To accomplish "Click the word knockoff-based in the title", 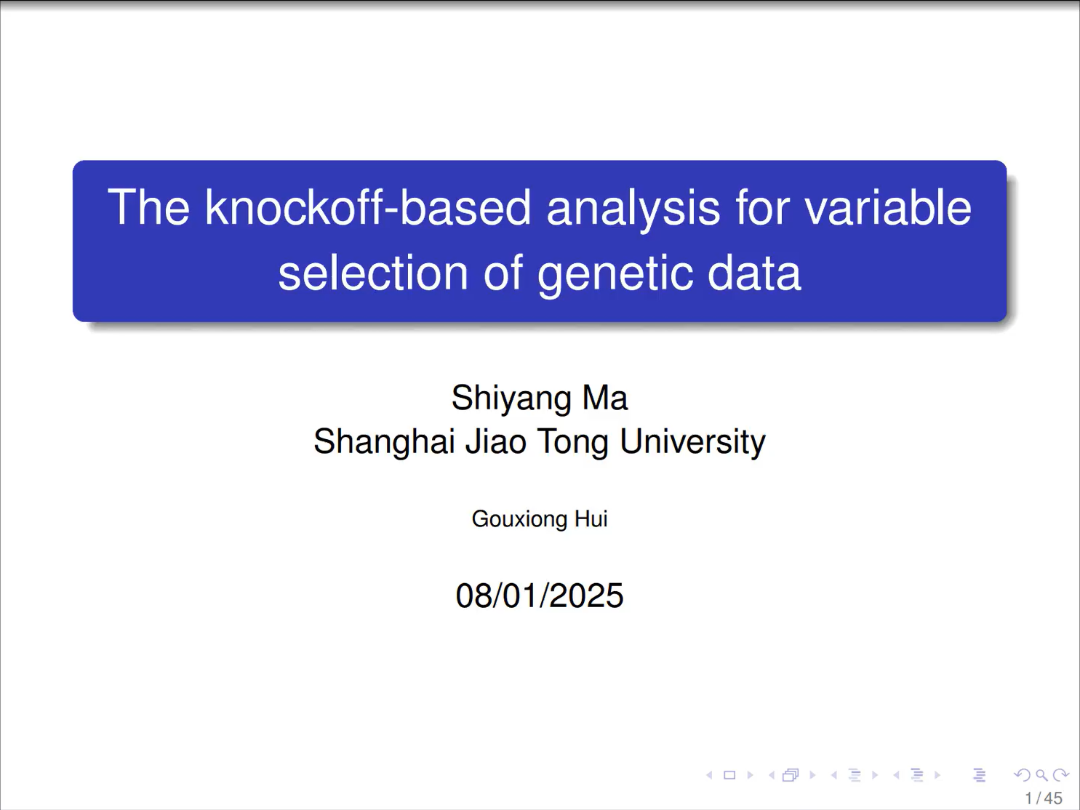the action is (x=367, y=207).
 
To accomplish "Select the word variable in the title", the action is (x=888, y=207).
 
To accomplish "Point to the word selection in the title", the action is (x=373, y=273).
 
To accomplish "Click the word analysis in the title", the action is (x=633, y=209).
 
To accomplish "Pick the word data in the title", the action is (x=754, y=273).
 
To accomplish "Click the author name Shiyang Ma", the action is (x=540, y=398).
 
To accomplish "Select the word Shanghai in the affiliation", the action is (x=384, y=441).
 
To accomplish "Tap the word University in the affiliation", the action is (x=692, y=442).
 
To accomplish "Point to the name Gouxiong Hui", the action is (x=540, y=519).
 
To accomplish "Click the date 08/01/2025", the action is (x=540, y=596).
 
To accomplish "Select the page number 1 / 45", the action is (x=1044, y=798).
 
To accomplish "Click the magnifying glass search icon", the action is (x=1041, y=776).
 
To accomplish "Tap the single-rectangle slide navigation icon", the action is (x=729, y=776).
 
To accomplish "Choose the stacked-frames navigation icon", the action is (x=791, y=776).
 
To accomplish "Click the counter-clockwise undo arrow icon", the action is (x=1023, y=776).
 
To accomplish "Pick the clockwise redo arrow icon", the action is (x=1061, y=776).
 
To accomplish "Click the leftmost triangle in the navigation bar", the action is (x=709, y=776).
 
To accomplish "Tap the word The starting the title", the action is (x=148, y=207).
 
